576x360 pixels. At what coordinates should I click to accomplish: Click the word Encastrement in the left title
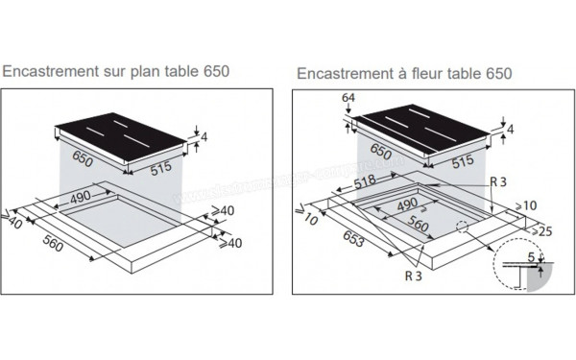pyautogui.click(x=52, y=72)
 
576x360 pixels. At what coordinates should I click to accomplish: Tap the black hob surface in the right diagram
pyautogui.click(x=422, y=128)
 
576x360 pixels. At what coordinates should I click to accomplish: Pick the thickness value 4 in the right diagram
pyautogui.click(x=511, y=130)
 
